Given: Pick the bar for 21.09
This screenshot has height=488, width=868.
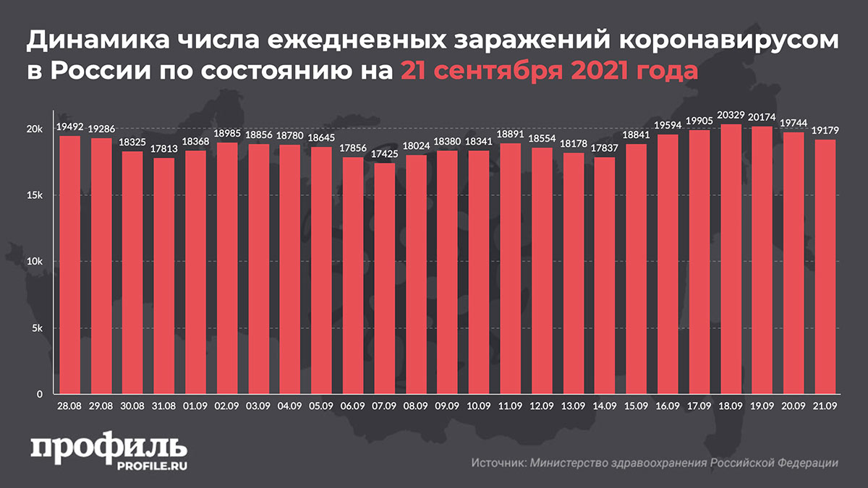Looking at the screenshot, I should pyautogui.click(x=826, y=267).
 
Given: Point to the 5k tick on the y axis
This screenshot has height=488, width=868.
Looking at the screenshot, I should pyautogui.click(x=38, y=329).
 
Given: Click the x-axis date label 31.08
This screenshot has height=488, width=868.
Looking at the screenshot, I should pyautogui.click(x=163, y=406).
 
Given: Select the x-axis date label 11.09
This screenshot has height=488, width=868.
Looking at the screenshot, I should pyautogui.click(x=511, y=406).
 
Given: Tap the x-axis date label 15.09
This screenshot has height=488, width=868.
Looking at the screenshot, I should pyautogui.click(x=637, y=406).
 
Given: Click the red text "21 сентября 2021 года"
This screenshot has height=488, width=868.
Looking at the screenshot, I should pyautogui.click(x=548, y=71).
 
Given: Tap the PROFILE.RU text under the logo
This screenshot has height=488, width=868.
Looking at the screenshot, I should pyautogui.click(x=153, y=468).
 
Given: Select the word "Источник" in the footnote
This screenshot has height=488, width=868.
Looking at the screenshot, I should pyautogui.click(x=497, y=463).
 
